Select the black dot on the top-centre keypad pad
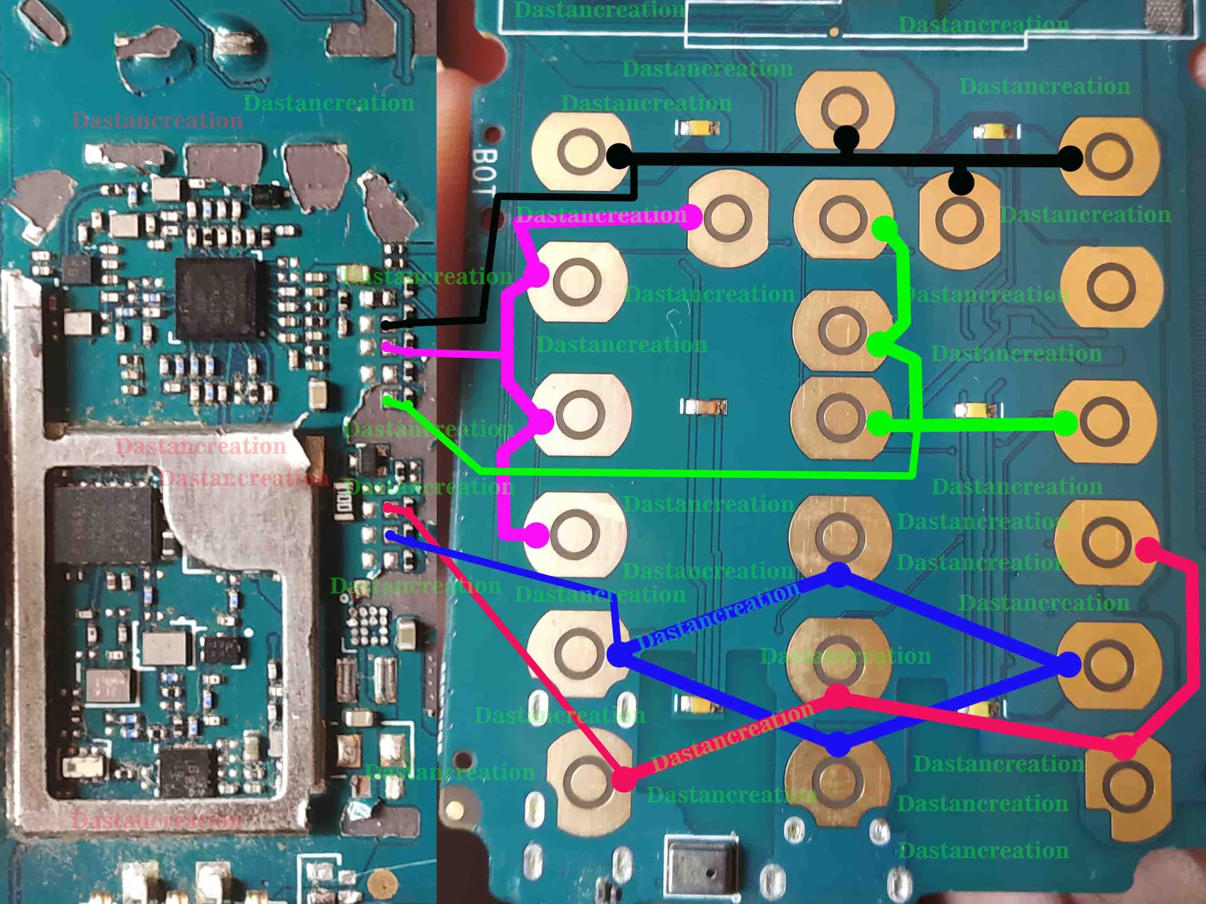[846, 138]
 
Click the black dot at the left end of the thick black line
[618, 157]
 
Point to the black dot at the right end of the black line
[1070, 158]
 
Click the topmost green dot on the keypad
[885, 228]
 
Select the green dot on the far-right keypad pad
[1065, 423]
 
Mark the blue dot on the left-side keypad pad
[618, 654]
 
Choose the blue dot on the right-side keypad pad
[1069, 664]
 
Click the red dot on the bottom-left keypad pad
[624, 779]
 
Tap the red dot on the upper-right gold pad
[1147, 550]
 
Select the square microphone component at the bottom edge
[700, 869]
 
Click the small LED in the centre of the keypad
[704, 407]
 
